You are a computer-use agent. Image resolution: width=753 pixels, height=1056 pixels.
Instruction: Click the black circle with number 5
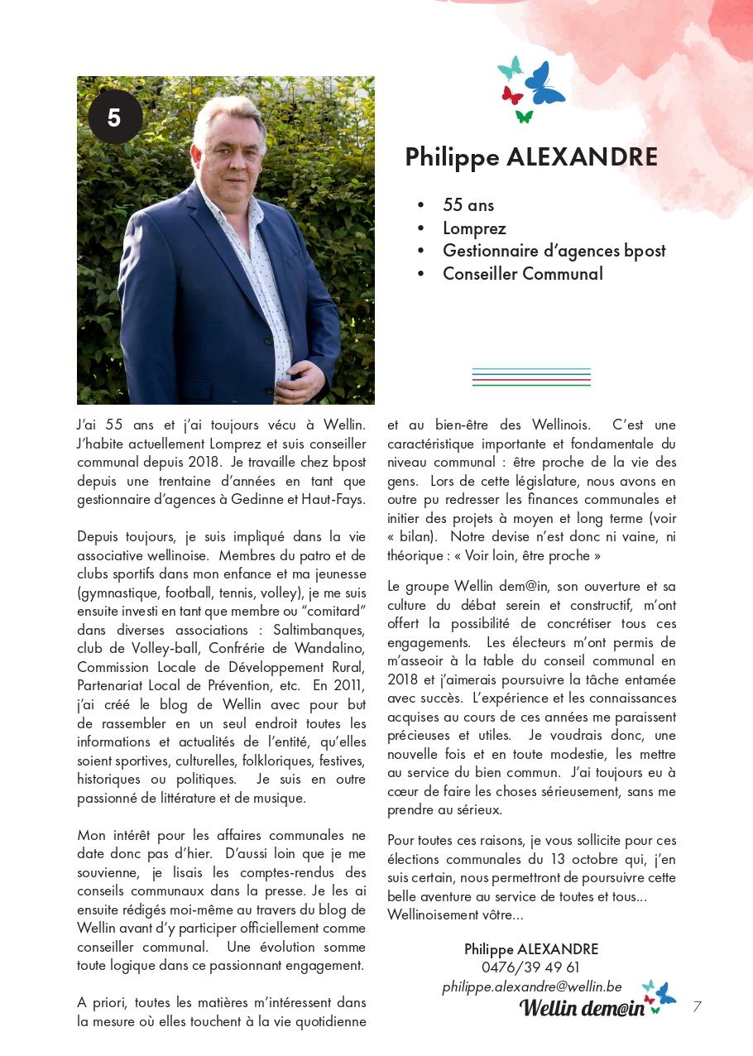coord(115,118)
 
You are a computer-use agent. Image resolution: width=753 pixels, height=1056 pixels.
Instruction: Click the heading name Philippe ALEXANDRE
coord(531,157)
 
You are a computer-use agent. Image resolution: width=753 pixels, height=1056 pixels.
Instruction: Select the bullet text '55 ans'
coord(468,205)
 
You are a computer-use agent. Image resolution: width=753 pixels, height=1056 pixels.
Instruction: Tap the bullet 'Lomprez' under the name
coord(474,228)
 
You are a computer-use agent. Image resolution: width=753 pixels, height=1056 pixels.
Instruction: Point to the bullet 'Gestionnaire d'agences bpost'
coord(554,251)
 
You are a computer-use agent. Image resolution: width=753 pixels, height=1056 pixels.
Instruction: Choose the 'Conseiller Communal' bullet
coord(522,274)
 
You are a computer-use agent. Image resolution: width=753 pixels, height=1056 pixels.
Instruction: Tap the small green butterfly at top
coord(524,116)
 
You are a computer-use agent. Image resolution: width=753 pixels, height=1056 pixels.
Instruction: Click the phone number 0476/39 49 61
coord(530,967)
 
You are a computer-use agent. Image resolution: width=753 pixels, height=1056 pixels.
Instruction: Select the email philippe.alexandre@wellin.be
coord(531,986)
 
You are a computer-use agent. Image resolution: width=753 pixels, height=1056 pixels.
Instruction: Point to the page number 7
coord(697,1006)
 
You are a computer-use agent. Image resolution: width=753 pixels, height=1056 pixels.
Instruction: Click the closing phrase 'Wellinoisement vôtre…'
coord(455,914)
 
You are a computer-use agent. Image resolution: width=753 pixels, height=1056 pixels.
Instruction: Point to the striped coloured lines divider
coord(531,377)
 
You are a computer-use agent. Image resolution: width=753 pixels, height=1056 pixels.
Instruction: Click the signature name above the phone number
coord(530,949)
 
